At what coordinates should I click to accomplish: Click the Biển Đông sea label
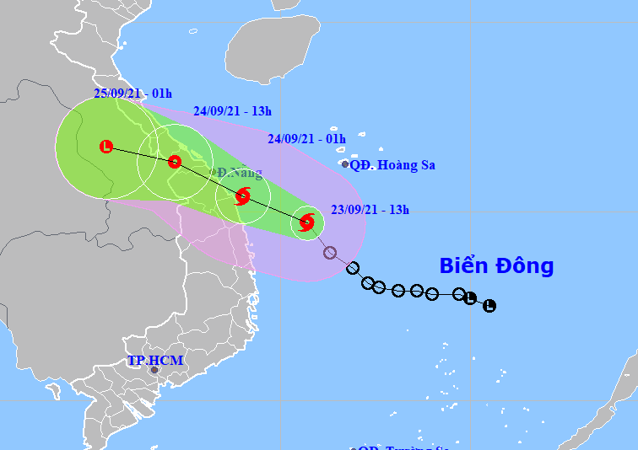tap(496, 266)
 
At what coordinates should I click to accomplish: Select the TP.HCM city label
tap(155, 361)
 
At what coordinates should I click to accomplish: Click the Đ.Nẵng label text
tap(239, 174)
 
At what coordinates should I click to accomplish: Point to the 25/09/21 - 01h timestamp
tap(132, 94)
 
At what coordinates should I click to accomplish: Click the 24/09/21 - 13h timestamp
tap(232, 110)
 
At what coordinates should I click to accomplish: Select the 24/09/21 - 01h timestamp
tap(306, 138)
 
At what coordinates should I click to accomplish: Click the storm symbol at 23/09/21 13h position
tap(306, 223)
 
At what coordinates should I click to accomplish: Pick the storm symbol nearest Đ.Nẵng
tap(243, 197)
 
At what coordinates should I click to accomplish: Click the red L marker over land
tap(105, 147)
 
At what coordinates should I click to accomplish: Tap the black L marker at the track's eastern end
tap(489, 305)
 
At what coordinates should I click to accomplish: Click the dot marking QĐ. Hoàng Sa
tap(345, 164)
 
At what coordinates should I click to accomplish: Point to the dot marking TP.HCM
tap(154, 370)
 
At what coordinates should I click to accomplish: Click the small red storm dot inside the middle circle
tap(175, 162)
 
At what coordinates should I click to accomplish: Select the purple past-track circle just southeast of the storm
tap(330, 253)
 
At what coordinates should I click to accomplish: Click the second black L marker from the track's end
tap(470, 298)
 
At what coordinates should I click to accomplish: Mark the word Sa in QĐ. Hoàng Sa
tap(426, 165)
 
